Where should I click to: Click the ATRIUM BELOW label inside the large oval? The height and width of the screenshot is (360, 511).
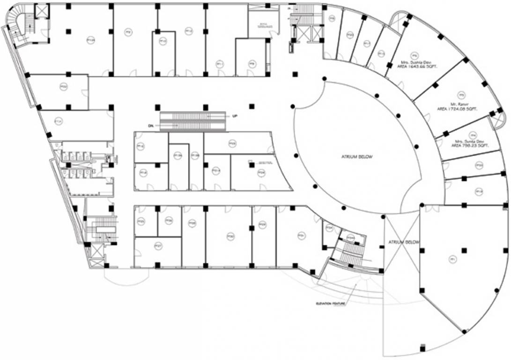click(x=357, y=157)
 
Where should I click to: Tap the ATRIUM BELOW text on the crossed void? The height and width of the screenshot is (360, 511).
click(x=403, y=242)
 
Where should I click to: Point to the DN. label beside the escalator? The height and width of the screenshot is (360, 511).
click(x=151, y=126)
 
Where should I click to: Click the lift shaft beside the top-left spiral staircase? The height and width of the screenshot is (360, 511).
click(x=41, y=11)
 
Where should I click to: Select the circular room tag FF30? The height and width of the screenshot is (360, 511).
click(x=230, y=237)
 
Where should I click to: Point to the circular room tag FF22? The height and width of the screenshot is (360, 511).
click(x=63, y=86)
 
